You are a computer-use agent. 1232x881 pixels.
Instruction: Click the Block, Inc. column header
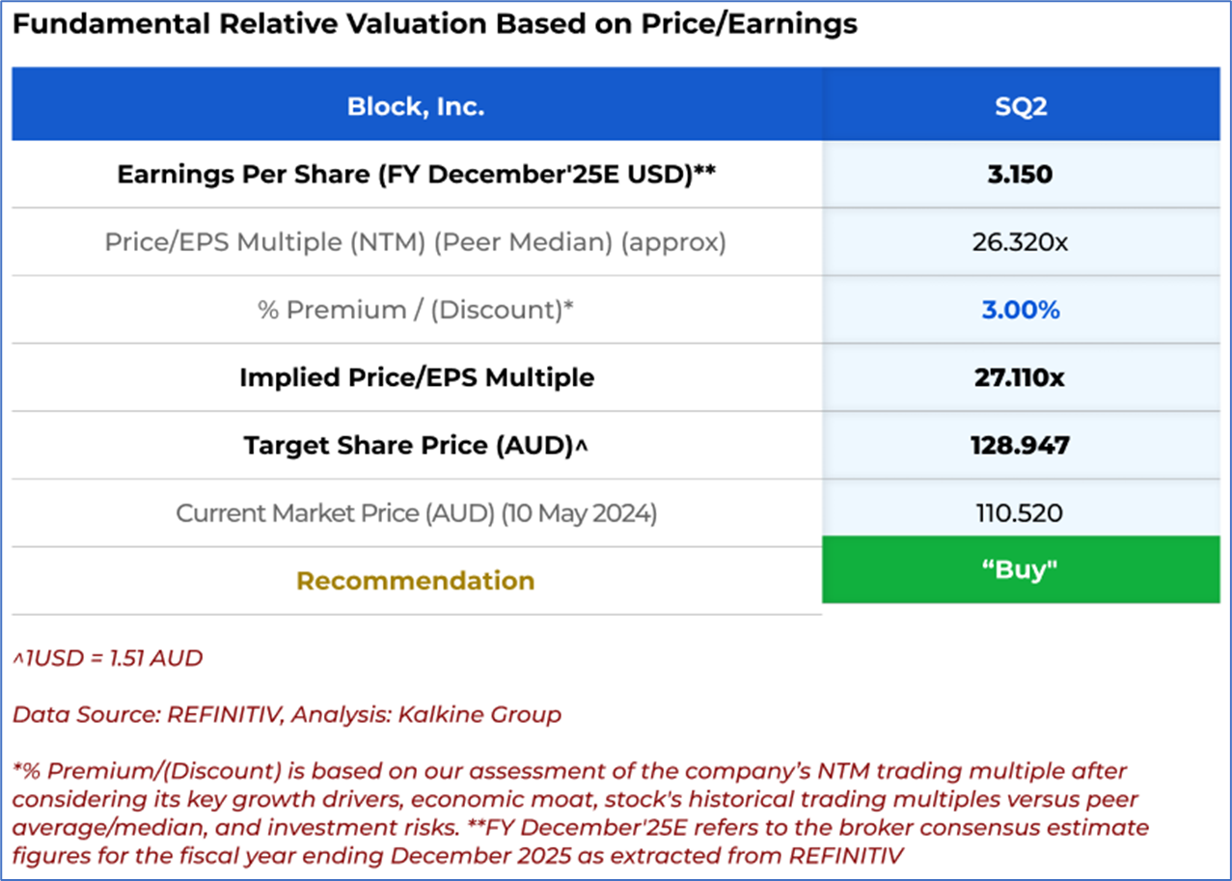click(x=416, y=106)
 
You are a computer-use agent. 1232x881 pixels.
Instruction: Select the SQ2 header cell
click(x=1021, y=106)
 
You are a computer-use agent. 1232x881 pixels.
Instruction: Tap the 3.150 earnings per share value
click(x=1020, y=175)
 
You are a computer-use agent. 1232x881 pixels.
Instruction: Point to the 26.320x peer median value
click(x=1020, y=242)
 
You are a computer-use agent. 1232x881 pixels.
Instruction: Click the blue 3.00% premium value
click(x=1020, y=310)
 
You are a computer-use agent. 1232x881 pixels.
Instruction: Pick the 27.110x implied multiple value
click(x=1020, y=377)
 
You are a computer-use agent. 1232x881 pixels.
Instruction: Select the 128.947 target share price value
click(x=1020, y=445)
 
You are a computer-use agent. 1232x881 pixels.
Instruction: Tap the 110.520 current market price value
click(x=1020, y=512)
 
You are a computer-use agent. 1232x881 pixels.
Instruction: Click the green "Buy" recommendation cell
click(x=1020, y=570)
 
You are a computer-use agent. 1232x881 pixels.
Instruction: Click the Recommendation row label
click(x=415, y=581)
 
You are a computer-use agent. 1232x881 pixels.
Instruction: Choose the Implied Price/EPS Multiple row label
click(x=417, y=377)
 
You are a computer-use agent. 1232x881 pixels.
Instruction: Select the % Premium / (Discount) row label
click(x=416, y=310)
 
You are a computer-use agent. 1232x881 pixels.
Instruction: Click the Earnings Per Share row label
click(x=416, y=175)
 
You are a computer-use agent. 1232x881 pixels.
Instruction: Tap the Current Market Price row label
click(x=416, y=513)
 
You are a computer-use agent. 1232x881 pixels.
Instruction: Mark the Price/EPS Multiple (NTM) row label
click(x=415, y=242)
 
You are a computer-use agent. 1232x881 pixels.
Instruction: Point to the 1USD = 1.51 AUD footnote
click(x=108, y=659)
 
